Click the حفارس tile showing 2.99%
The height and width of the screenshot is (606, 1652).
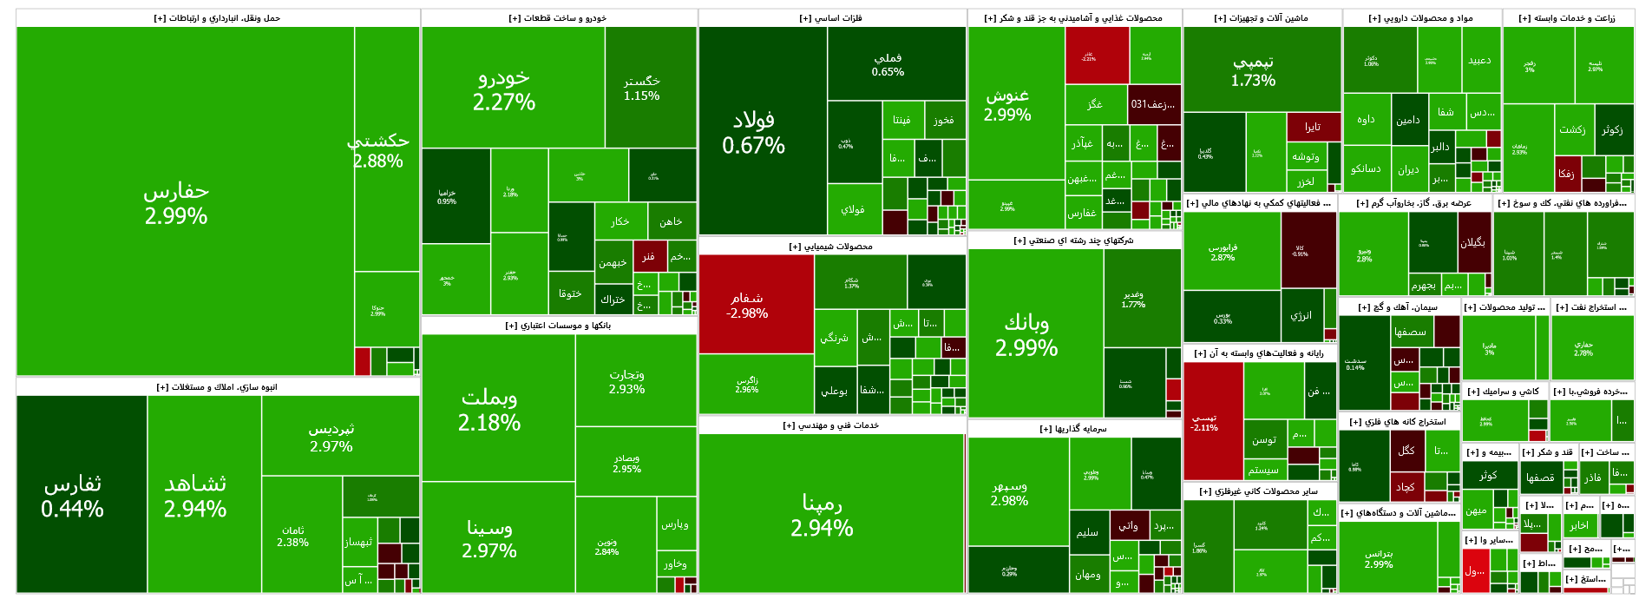(176, 203)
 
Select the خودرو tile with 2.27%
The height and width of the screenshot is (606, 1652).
(503, 89)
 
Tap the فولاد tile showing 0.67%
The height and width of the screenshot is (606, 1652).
(753, 132)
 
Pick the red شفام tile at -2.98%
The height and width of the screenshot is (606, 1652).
(747, 305)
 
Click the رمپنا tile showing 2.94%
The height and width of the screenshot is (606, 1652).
(822, 515)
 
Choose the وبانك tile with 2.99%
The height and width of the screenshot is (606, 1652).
(1026, 335)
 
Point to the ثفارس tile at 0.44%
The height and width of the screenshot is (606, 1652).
(73, 497)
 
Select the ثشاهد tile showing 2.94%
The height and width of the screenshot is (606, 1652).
(195, 497)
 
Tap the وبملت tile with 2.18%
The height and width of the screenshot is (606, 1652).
(489, 410)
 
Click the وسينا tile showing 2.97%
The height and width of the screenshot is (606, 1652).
(489, 538)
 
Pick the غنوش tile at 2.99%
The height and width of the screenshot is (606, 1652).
(1007, 105)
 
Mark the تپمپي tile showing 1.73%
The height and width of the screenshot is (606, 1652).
(1253, 71)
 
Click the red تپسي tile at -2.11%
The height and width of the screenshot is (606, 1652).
(1204, 422)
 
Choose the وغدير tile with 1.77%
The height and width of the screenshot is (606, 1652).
(1133, 300)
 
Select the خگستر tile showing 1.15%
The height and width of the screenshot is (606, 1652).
(642, 88)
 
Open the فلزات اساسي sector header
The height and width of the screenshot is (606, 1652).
(831, 18)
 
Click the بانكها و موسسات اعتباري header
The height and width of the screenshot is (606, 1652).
(559, 326)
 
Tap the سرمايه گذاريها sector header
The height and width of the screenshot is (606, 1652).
(1073, 429)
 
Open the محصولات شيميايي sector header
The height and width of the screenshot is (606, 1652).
(831, 247)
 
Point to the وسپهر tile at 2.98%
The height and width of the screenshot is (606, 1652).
(1009, 493)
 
